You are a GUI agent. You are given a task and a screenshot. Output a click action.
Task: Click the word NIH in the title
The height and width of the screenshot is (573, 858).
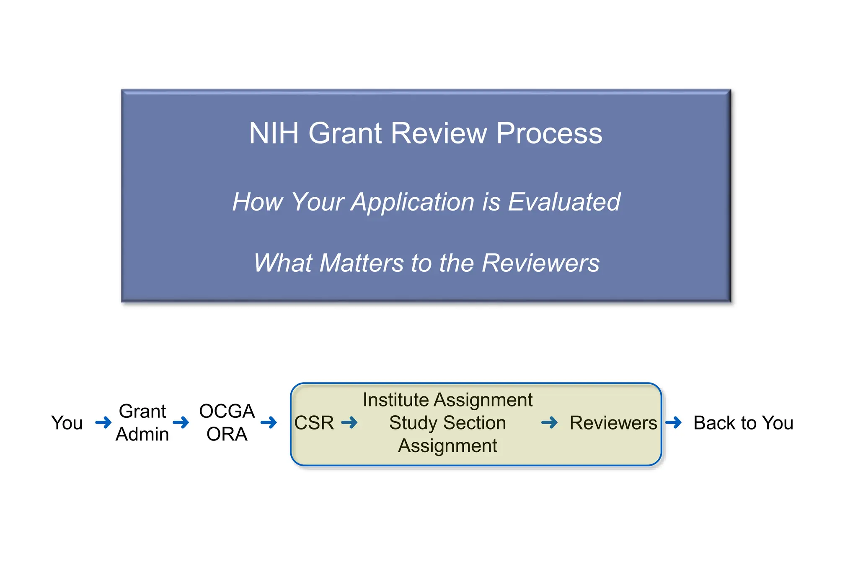tap(274, 133)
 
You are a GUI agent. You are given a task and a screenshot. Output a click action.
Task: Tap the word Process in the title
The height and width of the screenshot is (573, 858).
tap(549, 133)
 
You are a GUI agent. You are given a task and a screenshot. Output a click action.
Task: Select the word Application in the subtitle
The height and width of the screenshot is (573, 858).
tap(413, 202)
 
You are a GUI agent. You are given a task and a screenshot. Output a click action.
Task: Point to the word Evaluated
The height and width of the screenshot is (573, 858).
tap(564, 202)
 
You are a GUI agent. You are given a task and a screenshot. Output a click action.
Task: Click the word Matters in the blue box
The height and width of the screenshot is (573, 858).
tap(362, 263)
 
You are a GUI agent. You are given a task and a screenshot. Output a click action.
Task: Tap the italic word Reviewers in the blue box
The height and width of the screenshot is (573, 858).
tap(540, 263)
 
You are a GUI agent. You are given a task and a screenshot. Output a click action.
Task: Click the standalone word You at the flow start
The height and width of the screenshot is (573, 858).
tap(67, 423)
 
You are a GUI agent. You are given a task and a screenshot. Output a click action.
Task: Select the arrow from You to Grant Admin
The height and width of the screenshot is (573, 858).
tap(103, 422)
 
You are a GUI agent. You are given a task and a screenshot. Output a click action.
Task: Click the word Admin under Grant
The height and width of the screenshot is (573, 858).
tap(142, 434)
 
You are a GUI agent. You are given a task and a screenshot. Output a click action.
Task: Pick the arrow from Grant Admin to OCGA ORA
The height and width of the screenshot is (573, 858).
tap(181, 422)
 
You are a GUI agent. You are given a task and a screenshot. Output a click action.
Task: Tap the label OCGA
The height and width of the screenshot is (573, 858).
tap(227, 411)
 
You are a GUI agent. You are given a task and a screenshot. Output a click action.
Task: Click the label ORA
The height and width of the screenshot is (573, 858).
tap(227, 434)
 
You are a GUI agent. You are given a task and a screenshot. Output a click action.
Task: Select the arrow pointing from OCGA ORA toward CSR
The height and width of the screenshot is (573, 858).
tap(269, 422)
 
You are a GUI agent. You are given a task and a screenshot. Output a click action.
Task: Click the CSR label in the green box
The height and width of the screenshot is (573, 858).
tap(314, 423)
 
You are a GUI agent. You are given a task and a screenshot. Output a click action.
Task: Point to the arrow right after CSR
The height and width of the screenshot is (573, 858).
tap(349, 422)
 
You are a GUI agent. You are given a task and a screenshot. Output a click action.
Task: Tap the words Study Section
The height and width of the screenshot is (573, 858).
tap(447, 423)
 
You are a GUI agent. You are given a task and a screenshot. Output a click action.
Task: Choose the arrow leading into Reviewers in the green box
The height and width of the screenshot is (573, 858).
tap(549, 422)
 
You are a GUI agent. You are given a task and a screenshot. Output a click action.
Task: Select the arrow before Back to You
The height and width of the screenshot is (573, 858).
tap(673, 422)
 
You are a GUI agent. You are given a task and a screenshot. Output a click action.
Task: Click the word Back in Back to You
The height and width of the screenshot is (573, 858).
tap(714, 423)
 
